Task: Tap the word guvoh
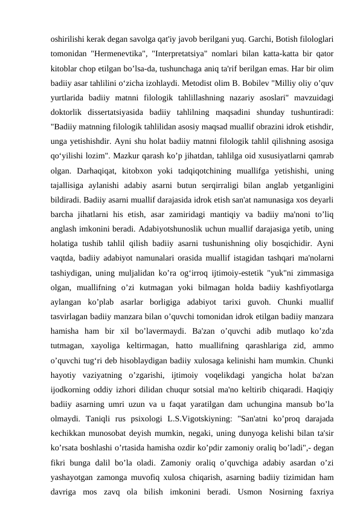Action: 257,306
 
